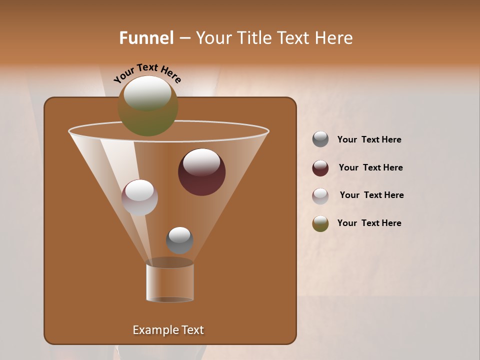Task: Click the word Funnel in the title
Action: point(146,38)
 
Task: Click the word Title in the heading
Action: point(253,38)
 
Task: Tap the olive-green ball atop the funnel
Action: point(148,106)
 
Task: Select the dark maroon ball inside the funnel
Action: point(202,172)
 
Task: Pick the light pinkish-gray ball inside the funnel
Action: point(139,197)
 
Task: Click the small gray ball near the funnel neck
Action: point(179,240)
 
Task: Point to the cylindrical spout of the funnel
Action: point(170,282)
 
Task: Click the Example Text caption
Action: point(168,330)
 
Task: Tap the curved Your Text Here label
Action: point(147,73)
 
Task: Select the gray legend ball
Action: point(320,139)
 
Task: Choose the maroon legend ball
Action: point(320,168)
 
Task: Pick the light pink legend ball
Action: point(320,196)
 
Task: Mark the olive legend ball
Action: point(320,223)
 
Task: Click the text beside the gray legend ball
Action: point(369,139)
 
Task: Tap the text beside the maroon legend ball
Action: point(370,167)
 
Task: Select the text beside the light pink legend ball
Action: point(371,195)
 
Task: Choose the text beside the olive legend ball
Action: point(369,223)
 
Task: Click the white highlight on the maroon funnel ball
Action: point(201,161)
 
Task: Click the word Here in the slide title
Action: point(334,38)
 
